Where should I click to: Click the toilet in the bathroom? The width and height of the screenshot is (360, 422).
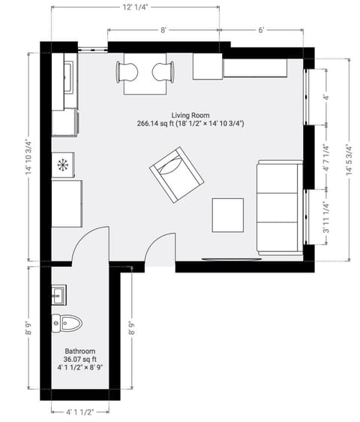(67, 323)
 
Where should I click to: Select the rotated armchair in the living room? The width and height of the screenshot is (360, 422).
(177, 175)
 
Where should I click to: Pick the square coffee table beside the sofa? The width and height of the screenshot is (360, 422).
(228, 215)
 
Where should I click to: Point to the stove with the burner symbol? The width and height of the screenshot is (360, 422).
(63, 163)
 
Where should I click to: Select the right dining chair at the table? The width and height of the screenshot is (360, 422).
(163, 72)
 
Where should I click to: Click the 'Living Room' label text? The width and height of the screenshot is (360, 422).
(190, 114)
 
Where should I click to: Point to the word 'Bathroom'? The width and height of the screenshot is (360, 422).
(79, 351)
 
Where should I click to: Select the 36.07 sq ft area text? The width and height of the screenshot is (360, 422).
(79, 360)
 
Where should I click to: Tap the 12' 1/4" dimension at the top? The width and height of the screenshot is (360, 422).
(135, 7)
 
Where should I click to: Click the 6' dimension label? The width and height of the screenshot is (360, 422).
(262, 30)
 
